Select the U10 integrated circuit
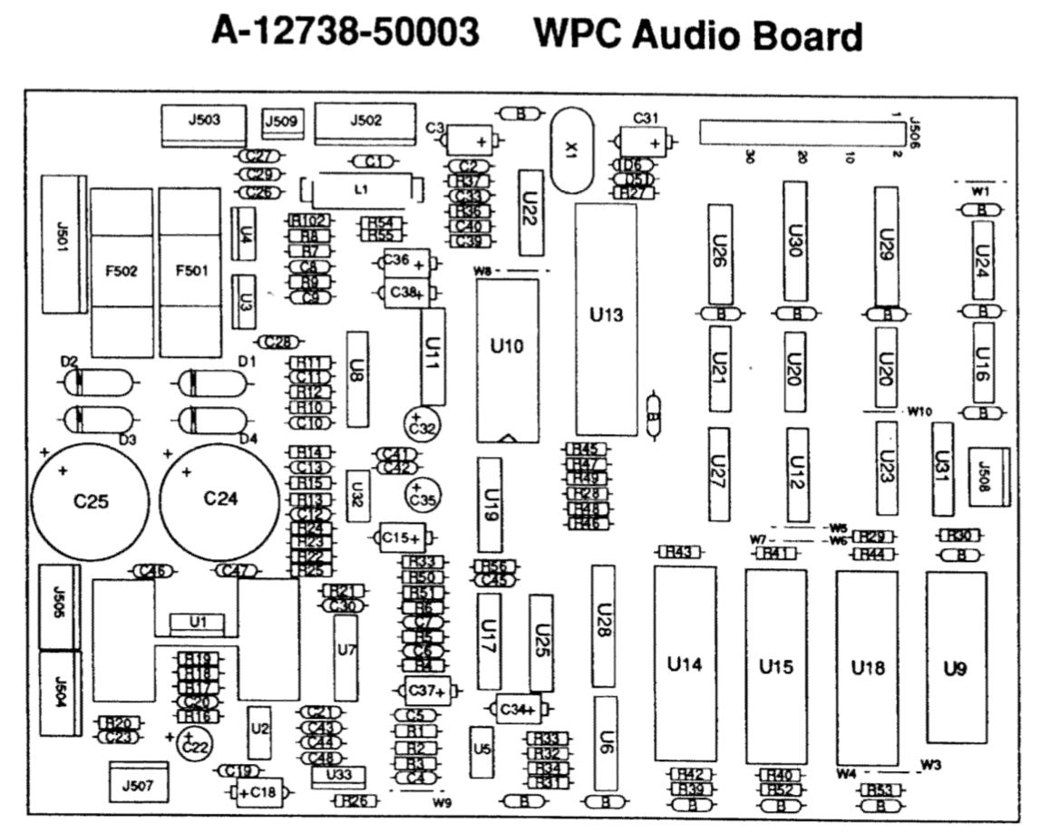506,359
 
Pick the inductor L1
362,189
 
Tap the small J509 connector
284,121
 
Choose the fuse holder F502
121,271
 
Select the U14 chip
685,664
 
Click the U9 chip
955,669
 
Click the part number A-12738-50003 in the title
345,35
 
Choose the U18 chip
867,667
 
